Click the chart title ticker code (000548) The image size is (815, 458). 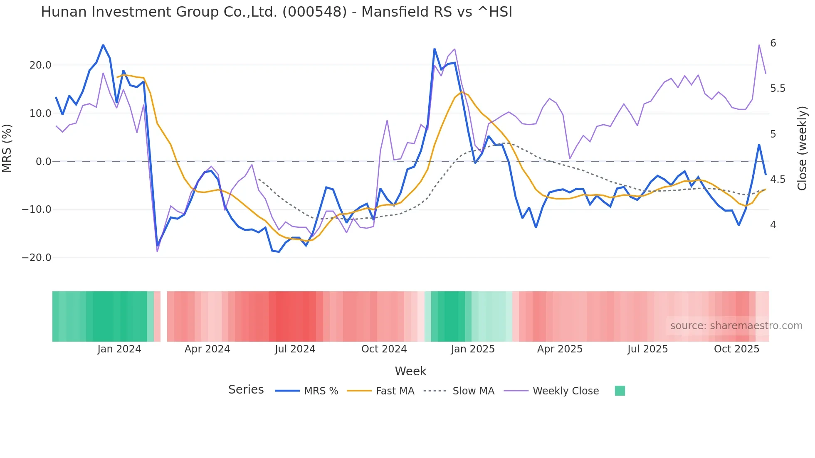(x=314, y=12)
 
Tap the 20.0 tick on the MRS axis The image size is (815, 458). (x=40, y=65)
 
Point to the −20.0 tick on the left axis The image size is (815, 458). (x=37, y=258)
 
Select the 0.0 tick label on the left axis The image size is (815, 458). (x=43, y=162)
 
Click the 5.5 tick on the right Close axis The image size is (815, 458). (x=778, y=89)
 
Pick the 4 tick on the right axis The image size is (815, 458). (x=773, y=225)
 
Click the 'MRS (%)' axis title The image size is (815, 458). (x=7, y=148)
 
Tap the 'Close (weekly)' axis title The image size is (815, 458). (x=802, y=148)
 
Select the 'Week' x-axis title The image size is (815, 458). (x=410, y=371)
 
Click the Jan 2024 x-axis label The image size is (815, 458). (x=119, y=349)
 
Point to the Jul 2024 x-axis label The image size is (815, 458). (x=295, y=349)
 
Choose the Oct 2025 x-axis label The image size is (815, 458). (x=736, y=349)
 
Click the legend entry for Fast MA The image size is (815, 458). (x=395, y=391)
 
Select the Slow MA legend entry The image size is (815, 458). (x=473, y=391)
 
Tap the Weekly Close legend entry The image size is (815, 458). (x=566, y=391)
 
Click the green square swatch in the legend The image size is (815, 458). (x=620, y=391)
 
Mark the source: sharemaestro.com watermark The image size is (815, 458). (x=736, y=326)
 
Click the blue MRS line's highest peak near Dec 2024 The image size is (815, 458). (x=435, y=49)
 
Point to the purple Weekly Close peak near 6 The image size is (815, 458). (x=759, y=45)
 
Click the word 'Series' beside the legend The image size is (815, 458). (x=246, y=390)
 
